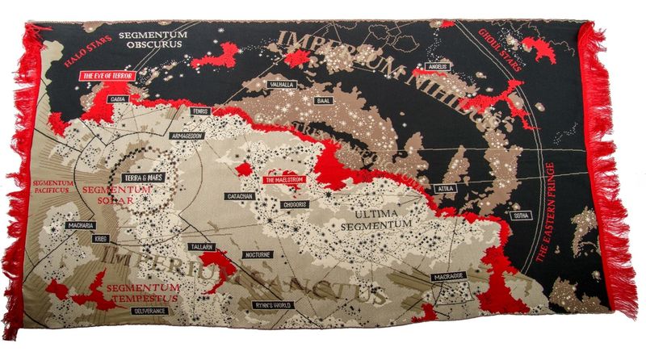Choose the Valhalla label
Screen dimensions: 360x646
(x=282, y=84)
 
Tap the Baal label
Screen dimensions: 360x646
(x=325, y=101)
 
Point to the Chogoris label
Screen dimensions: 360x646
(x=294, y=205)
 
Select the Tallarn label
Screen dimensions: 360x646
(x=201, y=246)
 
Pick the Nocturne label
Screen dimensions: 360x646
(x=258, y=254)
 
